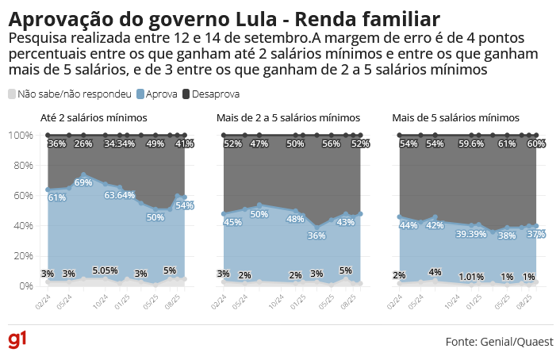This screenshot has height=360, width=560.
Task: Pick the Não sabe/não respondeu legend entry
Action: tap(69, 94)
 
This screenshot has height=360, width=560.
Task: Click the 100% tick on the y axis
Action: tap(19, 136)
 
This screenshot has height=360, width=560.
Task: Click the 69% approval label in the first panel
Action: tap(83, 182)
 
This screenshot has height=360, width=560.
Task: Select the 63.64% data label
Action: tap(120, 194)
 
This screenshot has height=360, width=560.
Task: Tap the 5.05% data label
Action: tap(105, 270)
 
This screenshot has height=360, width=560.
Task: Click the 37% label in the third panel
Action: tap(536, 234)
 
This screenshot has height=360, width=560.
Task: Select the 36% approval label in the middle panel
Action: tap(316, 236)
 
